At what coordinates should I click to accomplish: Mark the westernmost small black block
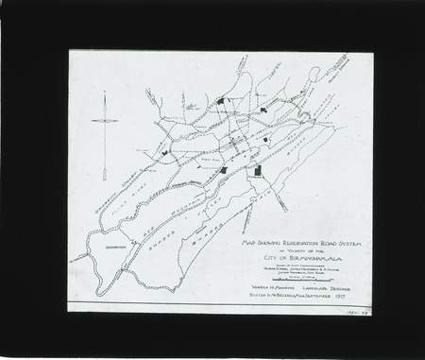coord(164,153)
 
